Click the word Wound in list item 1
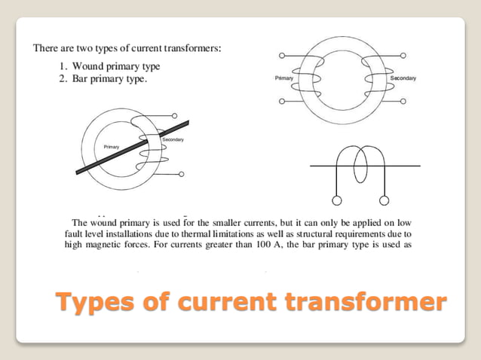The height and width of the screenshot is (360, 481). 88,66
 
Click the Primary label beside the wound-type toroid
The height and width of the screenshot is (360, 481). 284,78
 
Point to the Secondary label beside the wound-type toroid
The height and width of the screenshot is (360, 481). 403,78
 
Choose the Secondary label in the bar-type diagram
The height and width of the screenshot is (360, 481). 173,141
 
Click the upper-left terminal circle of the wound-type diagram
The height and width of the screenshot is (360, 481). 281,56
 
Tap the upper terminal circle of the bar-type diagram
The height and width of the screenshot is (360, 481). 174,117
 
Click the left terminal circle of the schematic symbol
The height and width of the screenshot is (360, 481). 337,200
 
